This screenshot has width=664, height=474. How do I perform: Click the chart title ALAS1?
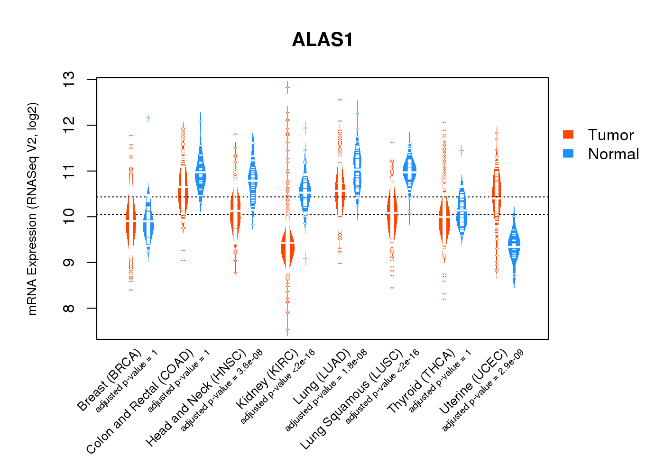[x=323, y=40]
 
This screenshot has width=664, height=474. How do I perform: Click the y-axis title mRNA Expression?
[x=32, y=209]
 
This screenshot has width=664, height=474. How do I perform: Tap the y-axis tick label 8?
[x=69, y=309]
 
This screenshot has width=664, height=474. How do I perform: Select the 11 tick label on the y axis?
[x=69, y=171]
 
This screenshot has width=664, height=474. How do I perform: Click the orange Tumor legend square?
[x=568, y=135]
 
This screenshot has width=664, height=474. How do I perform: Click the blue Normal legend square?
[x=568, y=154]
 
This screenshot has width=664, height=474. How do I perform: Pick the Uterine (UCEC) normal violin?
[x=514, y=246]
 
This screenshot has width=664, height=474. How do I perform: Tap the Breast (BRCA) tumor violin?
[x=131, y=223]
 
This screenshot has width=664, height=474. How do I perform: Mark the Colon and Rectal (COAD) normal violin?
[x=201, y=175]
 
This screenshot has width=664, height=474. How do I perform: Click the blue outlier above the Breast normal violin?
[x=148, y=118]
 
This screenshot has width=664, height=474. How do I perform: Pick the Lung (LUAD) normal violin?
[x=357, y=171]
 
